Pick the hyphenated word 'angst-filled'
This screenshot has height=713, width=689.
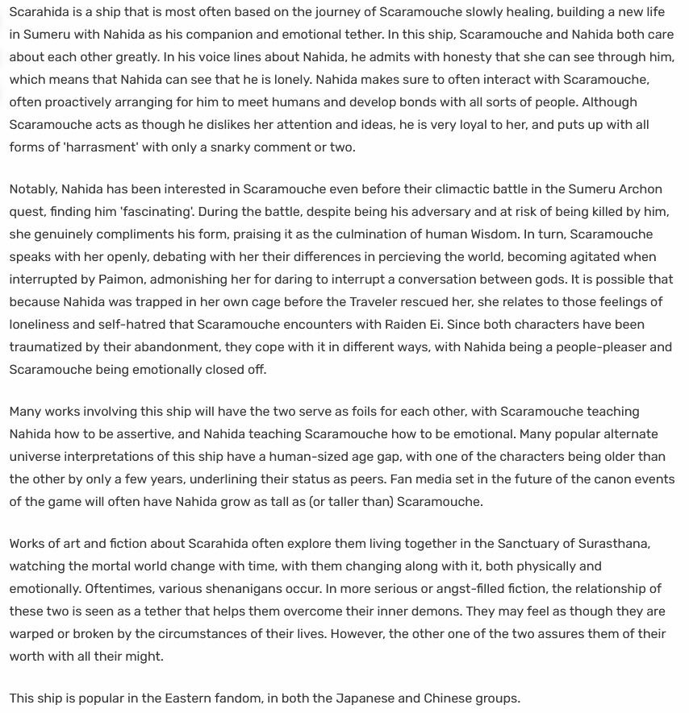(x=445, y=589)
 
